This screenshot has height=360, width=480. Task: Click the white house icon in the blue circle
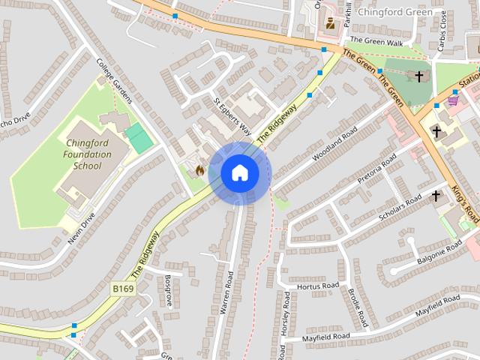pos(240,173)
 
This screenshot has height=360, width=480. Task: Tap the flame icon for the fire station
pos(199,170)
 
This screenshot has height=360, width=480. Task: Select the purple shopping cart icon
pos(453,99)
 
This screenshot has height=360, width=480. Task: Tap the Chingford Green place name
pos(394,12)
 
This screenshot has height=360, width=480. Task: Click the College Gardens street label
pos(115,82)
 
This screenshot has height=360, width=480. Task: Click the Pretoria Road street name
pos(376,170)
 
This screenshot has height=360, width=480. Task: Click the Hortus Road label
pos(318,286)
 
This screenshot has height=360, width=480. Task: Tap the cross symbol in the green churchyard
pos(418,76)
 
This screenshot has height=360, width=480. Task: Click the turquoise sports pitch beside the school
pos(139,139)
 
